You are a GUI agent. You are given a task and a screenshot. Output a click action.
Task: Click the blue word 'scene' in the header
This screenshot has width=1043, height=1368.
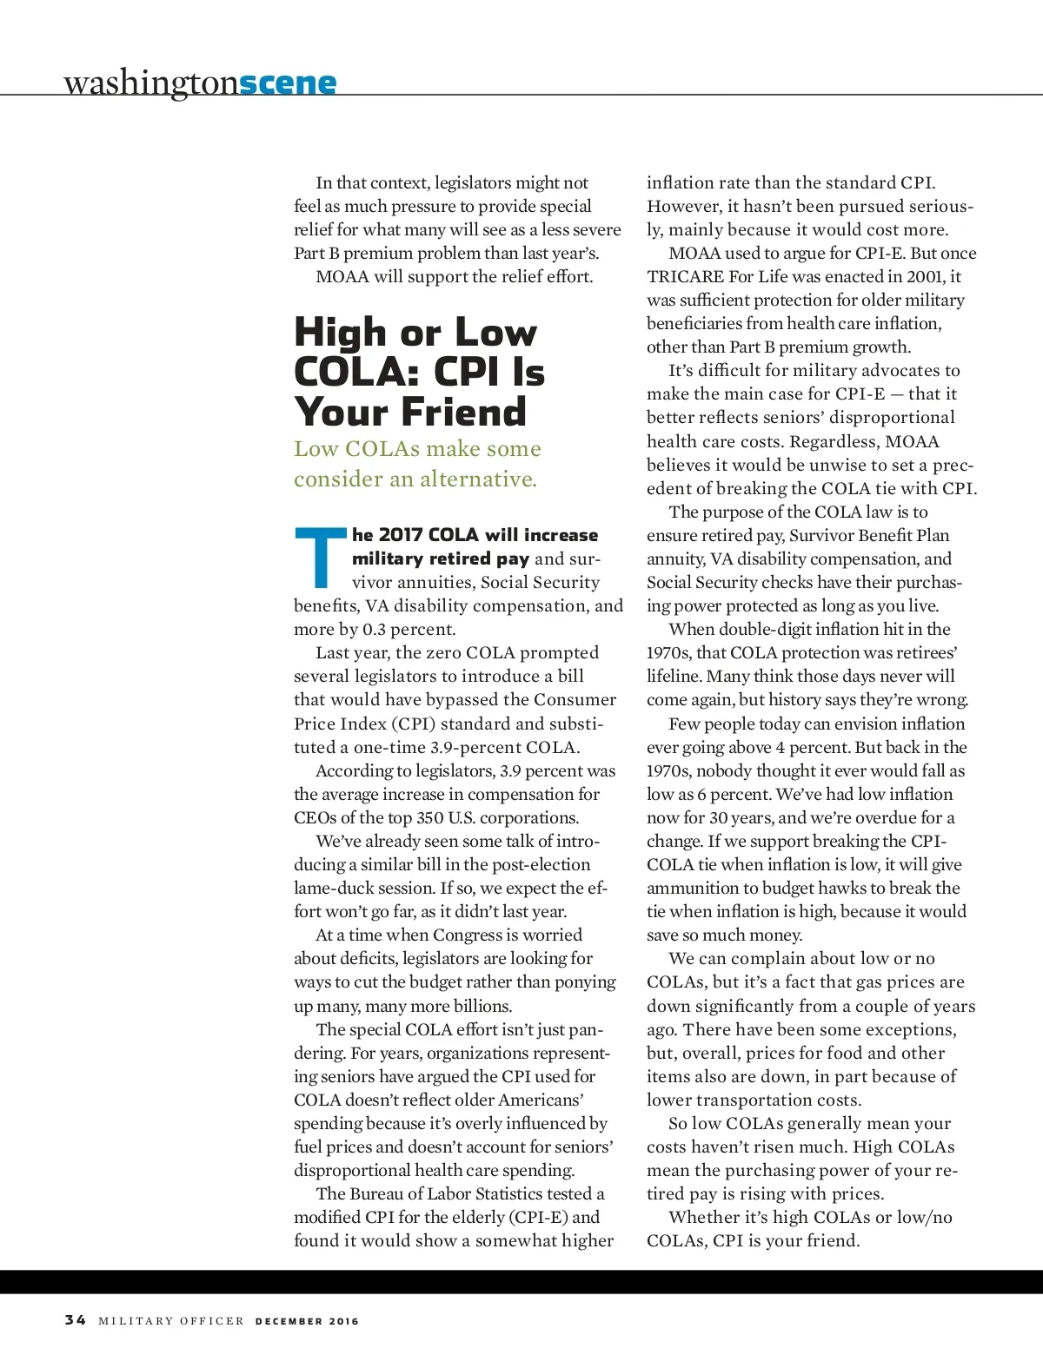point(288,83)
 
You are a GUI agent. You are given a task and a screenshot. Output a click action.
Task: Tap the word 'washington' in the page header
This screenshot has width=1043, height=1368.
point(151,83)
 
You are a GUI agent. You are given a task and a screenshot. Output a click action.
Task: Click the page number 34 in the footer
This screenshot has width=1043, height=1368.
point(76,1320)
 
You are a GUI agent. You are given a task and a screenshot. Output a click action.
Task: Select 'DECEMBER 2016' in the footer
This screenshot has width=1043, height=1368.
point(307,1321)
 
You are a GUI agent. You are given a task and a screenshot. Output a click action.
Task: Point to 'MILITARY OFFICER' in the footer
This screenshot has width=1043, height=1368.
point(171,1321)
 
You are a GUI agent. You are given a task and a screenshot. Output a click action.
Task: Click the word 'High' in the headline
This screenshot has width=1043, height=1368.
point(340,333)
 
